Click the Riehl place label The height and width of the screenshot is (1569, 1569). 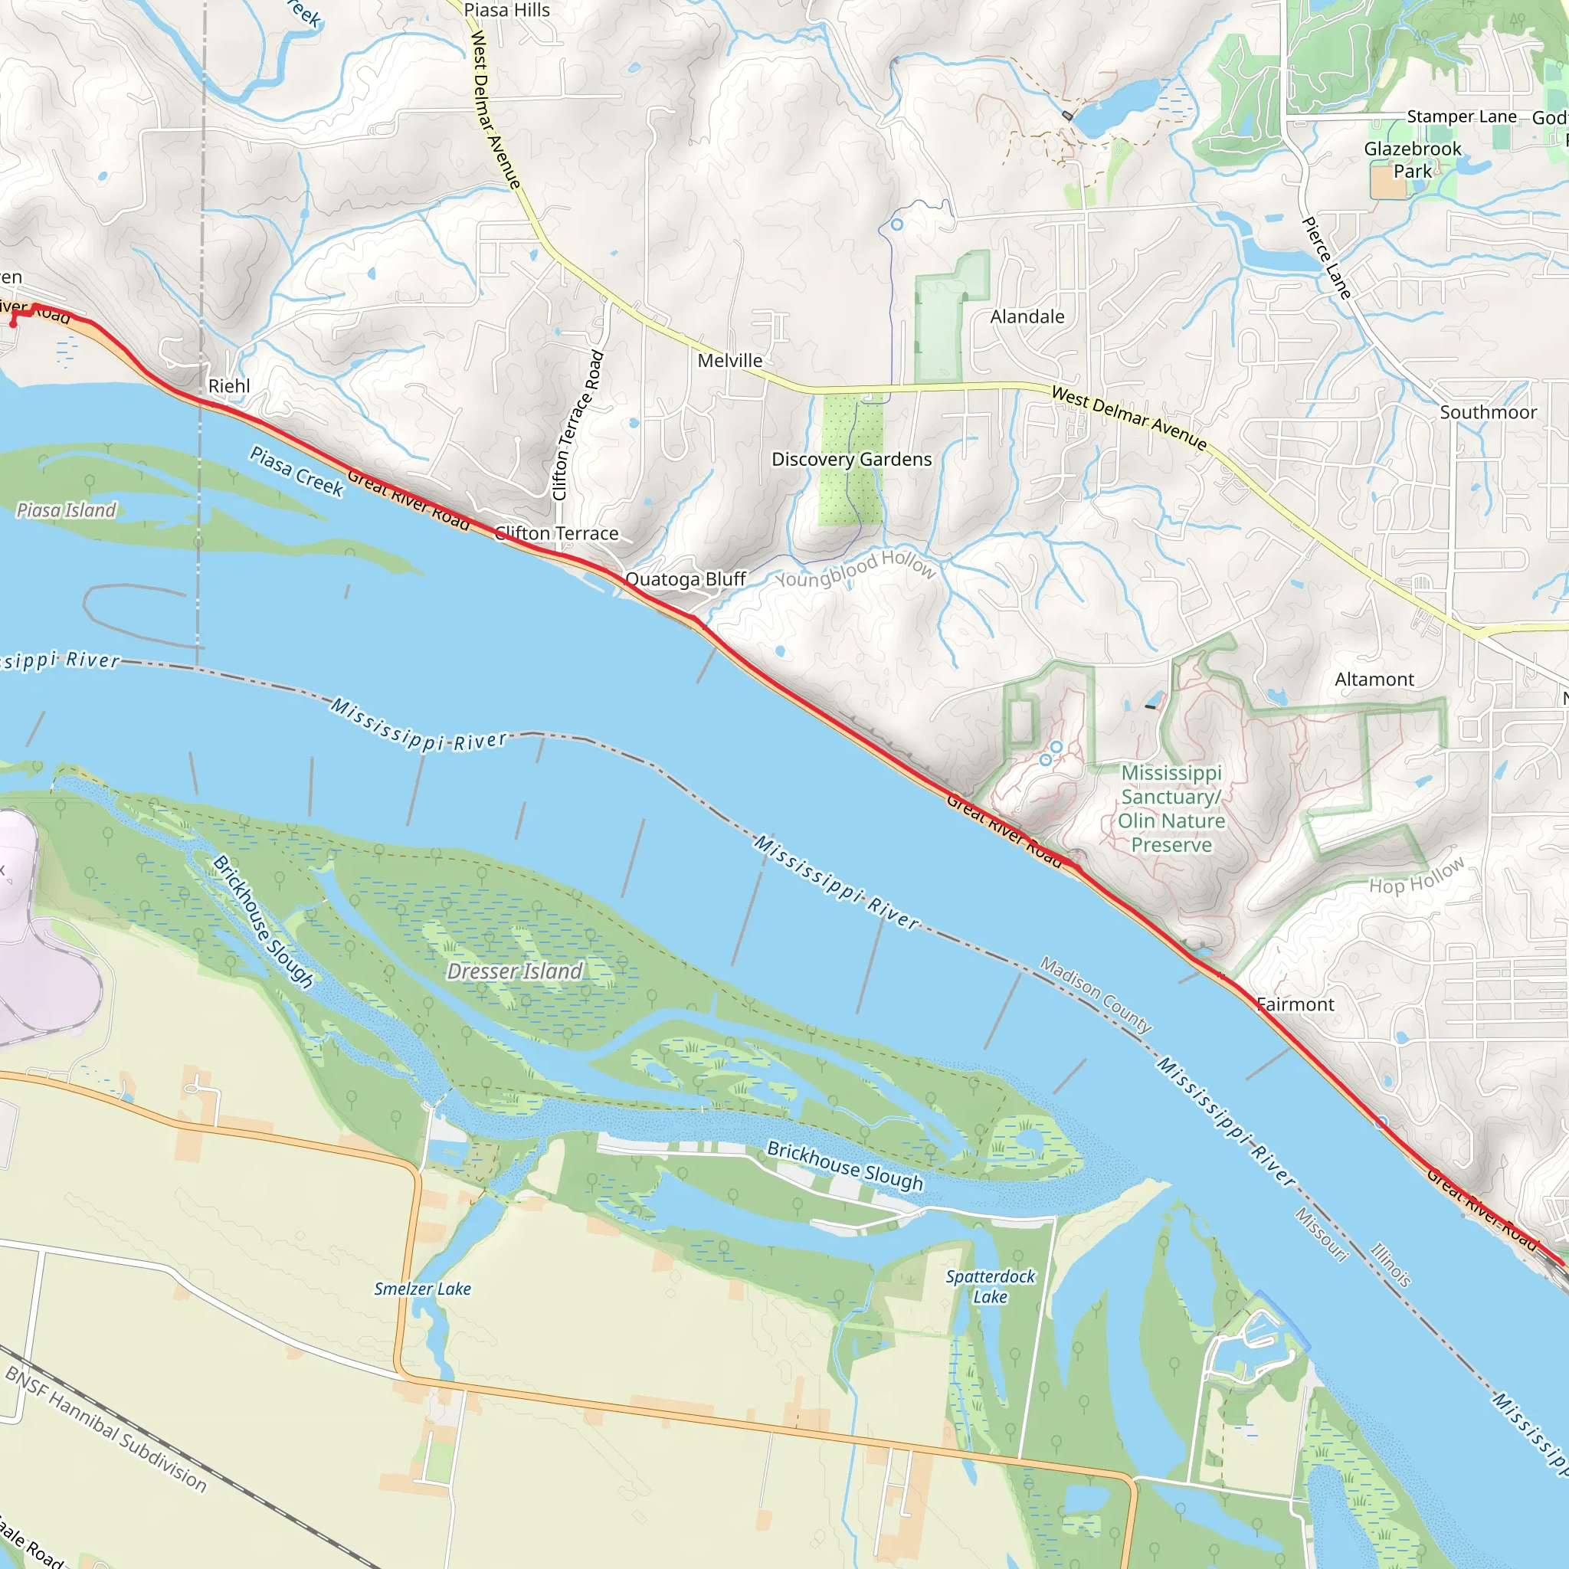[x=229, y=386]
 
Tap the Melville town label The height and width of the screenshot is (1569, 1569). [x=730, y=361]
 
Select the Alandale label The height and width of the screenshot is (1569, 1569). [x=1027, y=316]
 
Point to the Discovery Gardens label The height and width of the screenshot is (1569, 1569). [x=852, y=460]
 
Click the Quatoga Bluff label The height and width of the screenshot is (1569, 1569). [x=686, y=579]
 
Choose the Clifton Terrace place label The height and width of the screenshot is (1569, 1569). [x=557, y=533]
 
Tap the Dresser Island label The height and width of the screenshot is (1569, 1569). [x=515, y=971]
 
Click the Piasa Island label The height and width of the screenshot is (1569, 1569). [x=67, y=510]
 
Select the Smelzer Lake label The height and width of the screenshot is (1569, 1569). [x=422, y=1289]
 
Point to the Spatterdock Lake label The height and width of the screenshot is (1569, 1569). [x=990, y=1286]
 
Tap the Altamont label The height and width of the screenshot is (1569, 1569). [x=1374, y=680]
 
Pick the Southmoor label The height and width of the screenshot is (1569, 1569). [x=1488, y=413]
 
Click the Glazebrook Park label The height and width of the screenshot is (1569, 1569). [x=1412, y=160]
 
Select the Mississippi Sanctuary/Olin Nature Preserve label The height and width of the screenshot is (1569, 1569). [x=1171, y=809]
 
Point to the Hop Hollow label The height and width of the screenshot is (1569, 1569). [x=1417, y=876]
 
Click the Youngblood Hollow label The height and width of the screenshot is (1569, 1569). [x=855, y=568]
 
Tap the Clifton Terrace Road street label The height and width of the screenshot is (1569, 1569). [x=578, y=424]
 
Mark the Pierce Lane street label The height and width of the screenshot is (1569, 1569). [x=1326, y=258]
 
